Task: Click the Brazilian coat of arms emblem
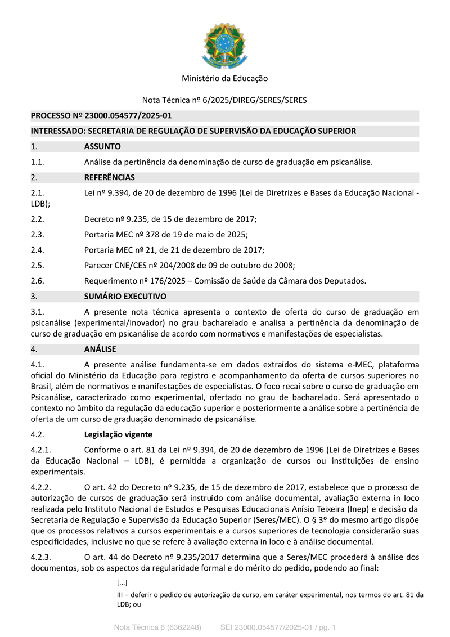click(x=224, y=45)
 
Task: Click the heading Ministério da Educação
click(x=224, y=78)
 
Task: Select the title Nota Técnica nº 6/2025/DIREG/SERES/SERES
click(x=224, y=100)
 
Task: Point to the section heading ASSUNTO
click(x=102, y=146)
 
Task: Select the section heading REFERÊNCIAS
click(x=109, y=177)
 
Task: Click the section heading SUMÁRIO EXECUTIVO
click(x=125, y=296)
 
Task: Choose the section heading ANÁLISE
click(x=100, y=349)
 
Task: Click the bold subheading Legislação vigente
click(x=118, y=434)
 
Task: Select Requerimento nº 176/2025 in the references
click(x=125, y=280)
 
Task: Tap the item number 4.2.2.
click(x=40, y=487)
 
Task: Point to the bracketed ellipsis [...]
click(x=122, y=583)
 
